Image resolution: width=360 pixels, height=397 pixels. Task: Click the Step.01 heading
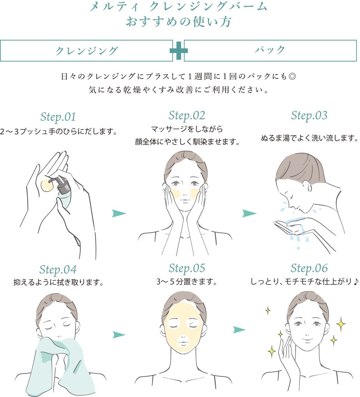click(58, 117)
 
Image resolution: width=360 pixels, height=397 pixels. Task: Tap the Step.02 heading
click(187, 116)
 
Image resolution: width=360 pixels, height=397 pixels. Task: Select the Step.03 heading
click(309, 116)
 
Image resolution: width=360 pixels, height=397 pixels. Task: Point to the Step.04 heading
click(58, 270)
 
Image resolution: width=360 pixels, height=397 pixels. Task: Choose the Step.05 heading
click(187, 268)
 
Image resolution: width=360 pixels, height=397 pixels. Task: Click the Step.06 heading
click(309, 268)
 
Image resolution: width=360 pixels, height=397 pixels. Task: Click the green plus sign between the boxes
click(178, 50)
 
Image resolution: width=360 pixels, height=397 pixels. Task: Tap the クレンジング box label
click(87, 50)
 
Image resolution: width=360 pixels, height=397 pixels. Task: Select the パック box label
click(270, 50)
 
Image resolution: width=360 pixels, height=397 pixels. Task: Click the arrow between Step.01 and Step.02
click(119, 213)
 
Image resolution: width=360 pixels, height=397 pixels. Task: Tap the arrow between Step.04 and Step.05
click(119, 335)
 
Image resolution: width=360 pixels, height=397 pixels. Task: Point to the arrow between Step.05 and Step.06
click(239, 330)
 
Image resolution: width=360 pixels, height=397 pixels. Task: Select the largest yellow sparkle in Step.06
click(341, 324)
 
